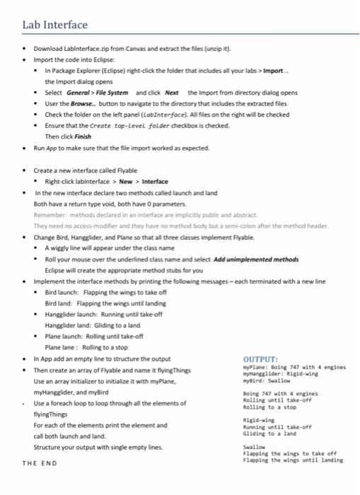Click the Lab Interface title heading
[55, 25]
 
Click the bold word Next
[172, 93]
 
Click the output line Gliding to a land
[271, 433]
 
